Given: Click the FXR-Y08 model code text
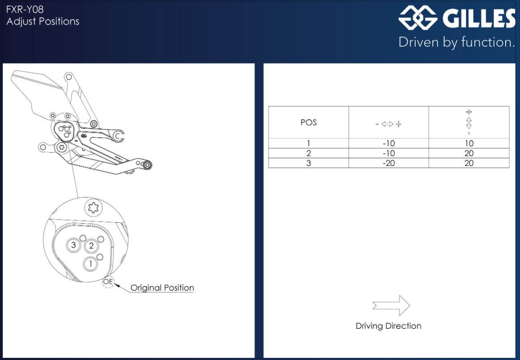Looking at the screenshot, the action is coord(25,9).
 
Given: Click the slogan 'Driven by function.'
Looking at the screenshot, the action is coord(456,42).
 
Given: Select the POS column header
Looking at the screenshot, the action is coord(308,123).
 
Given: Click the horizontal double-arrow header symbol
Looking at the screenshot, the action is coord(388,124).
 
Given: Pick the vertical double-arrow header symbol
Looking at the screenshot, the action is coord(469,123).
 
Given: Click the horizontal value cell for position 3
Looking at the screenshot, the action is coord(389,163).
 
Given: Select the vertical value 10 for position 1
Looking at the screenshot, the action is coord(469,143).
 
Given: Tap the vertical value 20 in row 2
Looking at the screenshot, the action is coord(469,153).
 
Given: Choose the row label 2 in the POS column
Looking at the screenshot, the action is coord(308,153).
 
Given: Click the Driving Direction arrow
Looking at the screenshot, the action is coord(391,305).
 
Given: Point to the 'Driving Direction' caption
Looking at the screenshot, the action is coord(388,326).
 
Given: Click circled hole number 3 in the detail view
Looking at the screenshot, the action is coord(73,245).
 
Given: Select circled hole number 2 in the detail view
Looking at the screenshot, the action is coord(91,246).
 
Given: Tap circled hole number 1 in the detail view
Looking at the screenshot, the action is coord(90,264).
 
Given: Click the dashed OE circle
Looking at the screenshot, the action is coord(108,282).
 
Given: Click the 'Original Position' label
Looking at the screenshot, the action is coord(162,288).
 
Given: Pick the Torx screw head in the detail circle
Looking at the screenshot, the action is coord(94,208).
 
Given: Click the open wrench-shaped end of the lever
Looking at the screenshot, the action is coord(118,136).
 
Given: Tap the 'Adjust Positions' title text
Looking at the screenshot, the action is coord(43,21).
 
